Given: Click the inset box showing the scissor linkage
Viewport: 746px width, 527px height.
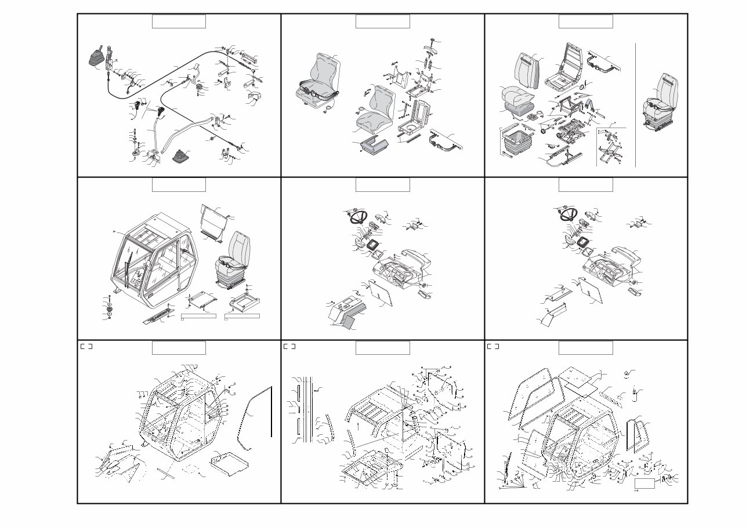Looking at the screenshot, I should [x=611, y=147].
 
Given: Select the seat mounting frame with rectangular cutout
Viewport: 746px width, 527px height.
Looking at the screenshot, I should [x=244, y=301].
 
